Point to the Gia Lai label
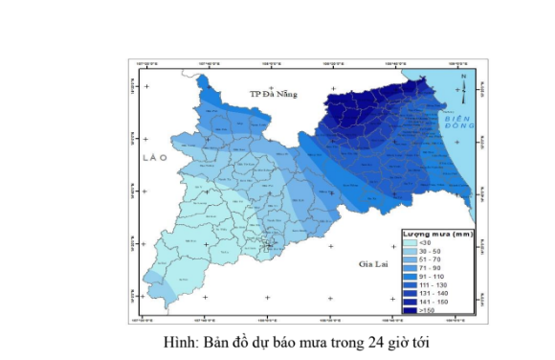coord(372,262)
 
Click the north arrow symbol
coord(463,88)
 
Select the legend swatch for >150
coord(410,310)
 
